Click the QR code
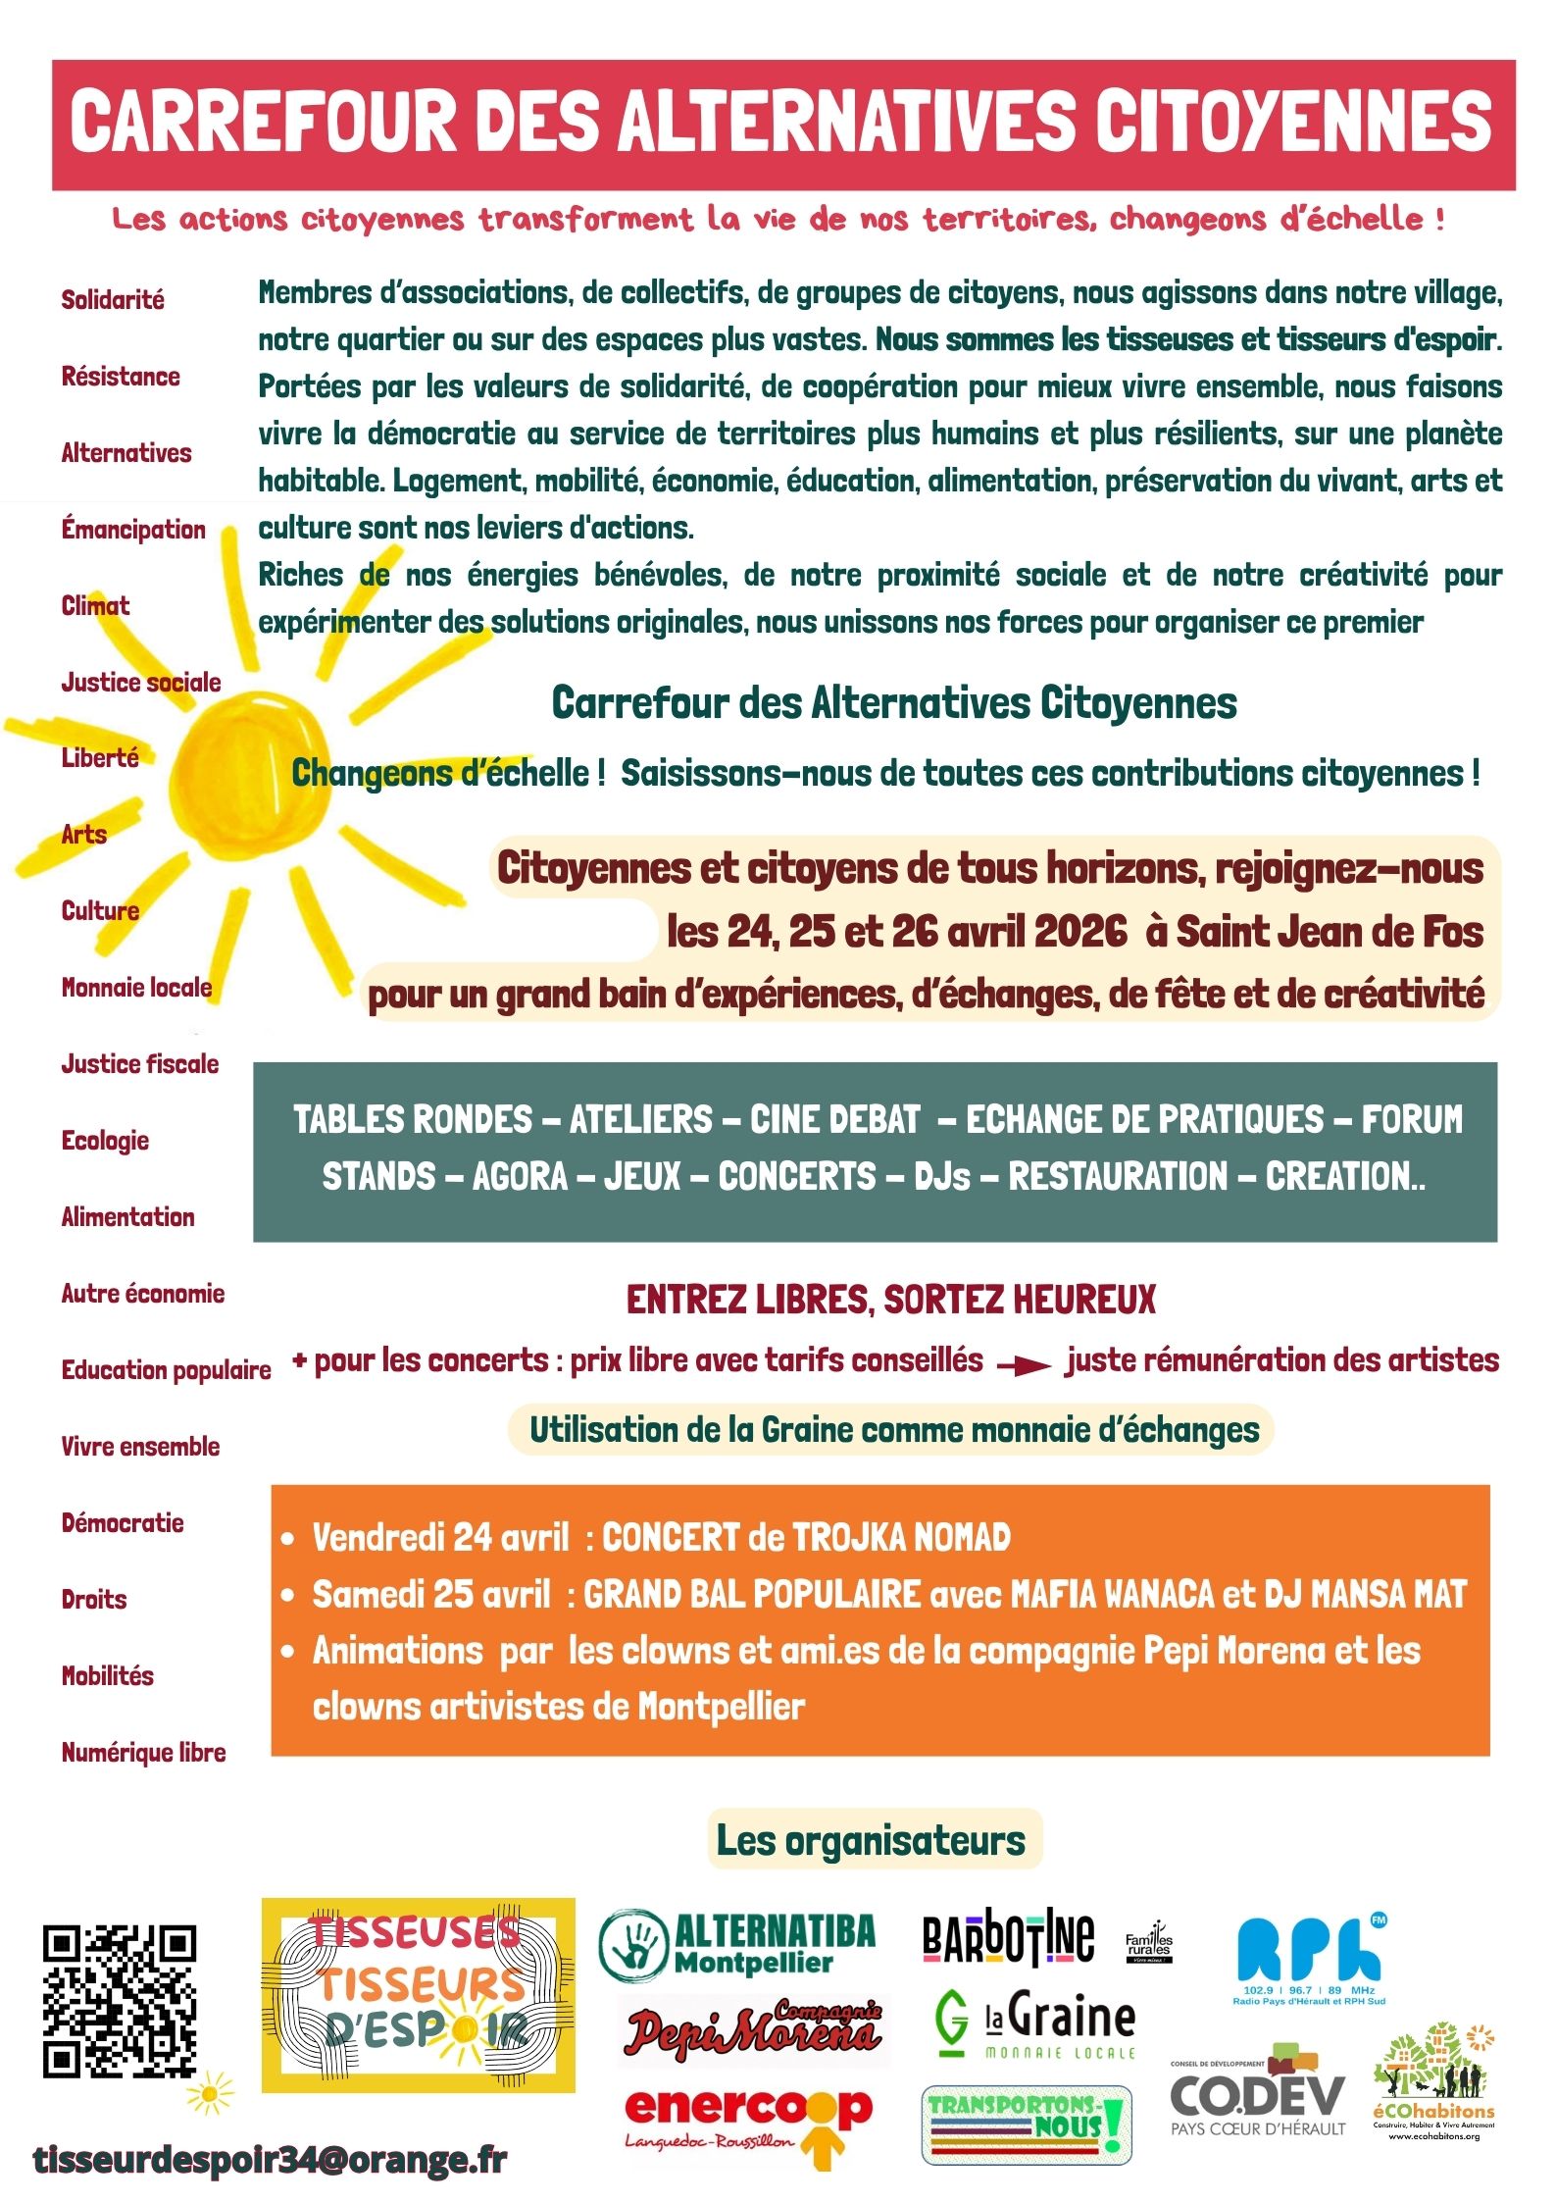click(119, 2001)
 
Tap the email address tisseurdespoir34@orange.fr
click(270, 2159)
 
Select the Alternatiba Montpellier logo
click(737, 1942)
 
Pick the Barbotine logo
click(1008, 1937)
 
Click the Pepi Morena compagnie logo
click(753, 2027)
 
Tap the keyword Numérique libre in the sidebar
click(144, 1753)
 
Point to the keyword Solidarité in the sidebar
click(113, 300)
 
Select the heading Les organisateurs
click(871, 1840)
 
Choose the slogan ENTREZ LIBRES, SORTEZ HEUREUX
click(890, 1300)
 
